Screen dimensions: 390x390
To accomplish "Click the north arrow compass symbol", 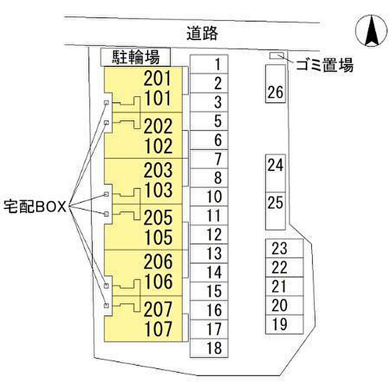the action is (x=371, y=31).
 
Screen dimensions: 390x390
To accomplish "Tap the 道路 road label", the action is (x=202, y=33).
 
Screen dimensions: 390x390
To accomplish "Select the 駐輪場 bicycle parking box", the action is (x=135, y=57).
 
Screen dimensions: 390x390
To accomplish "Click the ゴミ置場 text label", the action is (x=325, y=65).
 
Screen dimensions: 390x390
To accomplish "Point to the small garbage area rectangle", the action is (x=277, y=56).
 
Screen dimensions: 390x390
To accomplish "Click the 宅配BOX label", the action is (x=35, y=207).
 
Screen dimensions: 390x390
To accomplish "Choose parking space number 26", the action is (x=276, y=84).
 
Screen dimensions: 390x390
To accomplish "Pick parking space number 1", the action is (x=209, y=64).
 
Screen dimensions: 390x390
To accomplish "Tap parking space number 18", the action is (x=209, y=348).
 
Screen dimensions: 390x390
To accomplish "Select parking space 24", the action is (x=276, y=173).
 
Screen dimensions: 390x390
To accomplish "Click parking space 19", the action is (x=285, y=324).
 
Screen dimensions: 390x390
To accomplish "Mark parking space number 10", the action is (x=209, y=197).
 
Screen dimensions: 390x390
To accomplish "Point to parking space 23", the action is (x=285, y=248).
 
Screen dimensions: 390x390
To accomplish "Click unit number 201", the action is (x=158, y=79).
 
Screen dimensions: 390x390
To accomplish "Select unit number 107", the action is (x=158, y=329).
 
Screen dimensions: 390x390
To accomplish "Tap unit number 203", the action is (x=158, y=170).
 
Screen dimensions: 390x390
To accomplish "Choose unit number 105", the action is (x=158, y=237).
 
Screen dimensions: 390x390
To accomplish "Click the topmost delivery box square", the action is (x=106, y=103).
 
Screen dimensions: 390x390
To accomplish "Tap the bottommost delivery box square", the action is (x=106, y=305).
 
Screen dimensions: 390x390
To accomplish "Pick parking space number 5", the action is (x=209, y=121).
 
